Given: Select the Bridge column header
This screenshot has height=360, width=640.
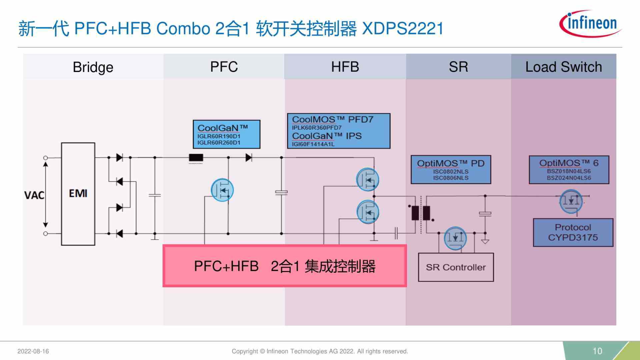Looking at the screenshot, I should click(93, 67).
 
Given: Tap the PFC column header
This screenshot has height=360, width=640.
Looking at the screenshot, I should click(224, 67).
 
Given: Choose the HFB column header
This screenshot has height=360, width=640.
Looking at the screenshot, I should click(345, 67).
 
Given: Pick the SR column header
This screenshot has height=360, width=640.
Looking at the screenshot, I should click(458, 67).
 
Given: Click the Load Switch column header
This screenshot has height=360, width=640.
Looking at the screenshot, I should click(563, 67).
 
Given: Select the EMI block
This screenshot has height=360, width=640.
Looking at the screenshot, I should click(78, 194).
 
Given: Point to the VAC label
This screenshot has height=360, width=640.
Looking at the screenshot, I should click(34, 195).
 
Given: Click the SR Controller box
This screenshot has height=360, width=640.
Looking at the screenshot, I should click(456, 267).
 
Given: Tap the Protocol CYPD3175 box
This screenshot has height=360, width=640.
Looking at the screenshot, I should click(573, 233).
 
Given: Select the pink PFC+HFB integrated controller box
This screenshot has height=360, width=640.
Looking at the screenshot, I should click(284, 266).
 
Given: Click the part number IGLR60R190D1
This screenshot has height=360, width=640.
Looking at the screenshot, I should click(219, 136).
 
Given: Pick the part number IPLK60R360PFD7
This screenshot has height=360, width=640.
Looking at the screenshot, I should click(317, 128).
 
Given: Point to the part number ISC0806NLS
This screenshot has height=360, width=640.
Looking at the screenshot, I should click(451, 178).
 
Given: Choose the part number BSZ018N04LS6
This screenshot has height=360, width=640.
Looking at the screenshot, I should click(569, 171).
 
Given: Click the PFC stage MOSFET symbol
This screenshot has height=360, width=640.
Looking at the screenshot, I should click(222, 190).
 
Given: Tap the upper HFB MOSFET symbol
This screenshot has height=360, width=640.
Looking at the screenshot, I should click(367, 180).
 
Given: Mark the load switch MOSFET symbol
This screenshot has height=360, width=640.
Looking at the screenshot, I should click(571, 201).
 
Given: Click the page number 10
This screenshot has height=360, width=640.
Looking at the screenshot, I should click(597, 351).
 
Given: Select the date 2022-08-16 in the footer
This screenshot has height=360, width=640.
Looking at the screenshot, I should click(33, 351).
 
